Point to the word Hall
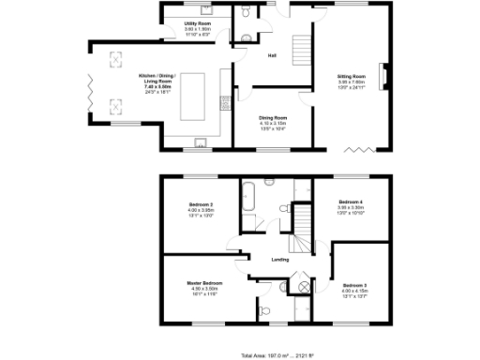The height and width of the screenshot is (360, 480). coord(272,55)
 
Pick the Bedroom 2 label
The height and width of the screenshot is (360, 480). coord(201,203)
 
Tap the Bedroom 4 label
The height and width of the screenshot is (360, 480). coord(352,202)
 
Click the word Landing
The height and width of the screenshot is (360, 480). coord(279,260)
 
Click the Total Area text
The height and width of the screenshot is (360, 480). coord(276,355)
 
